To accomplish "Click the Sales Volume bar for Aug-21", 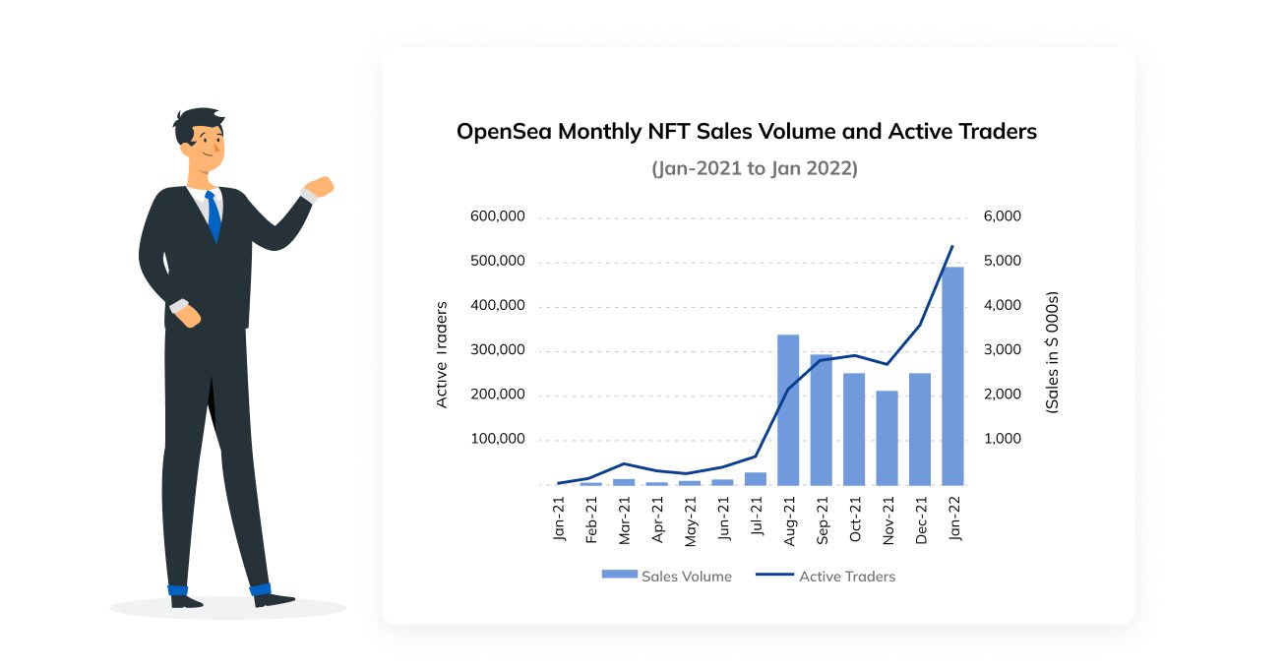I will (x=788, y=409).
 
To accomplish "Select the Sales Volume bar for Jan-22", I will (x=952, y=376).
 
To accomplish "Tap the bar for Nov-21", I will (x=887, y=438).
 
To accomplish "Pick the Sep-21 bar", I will (x=821, y=419).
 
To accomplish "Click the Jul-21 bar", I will (x=756, y=478).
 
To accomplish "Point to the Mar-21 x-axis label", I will (x=624, y=519).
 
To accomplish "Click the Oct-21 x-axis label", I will (x=854, y=519).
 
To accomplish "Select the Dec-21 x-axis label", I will (x=920, y=519).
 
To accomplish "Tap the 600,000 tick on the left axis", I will (x=498, y=217).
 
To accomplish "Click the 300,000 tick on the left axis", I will (x=498, y=351).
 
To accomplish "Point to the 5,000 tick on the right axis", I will (x=1003, y=262).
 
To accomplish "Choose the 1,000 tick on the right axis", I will (x=1003, y=440).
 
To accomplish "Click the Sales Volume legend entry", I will (x=667, y=577).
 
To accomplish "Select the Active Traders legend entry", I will (x=826, y=577).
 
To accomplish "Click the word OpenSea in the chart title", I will (x=503, y=132).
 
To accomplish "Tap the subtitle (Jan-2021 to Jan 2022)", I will (x=755, y=169).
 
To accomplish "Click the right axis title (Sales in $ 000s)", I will (x=1052, y=352).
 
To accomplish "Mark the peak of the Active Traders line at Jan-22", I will (x=952, y=246).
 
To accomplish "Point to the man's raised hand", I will (x=319, y=187).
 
